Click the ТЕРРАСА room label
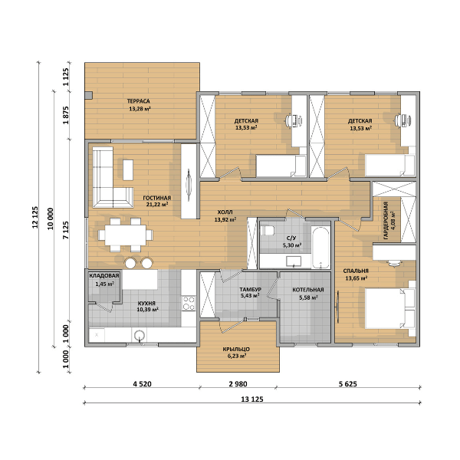click(x=139, y=101)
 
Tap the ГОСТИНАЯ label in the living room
click(x=157, y=198)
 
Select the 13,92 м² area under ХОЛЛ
click(x=225, y=219)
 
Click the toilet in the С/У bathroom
click(x=267, y=230)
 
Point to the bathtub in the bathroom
click(x=320, y=248)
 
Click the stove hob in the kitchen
click(x=189, y=303)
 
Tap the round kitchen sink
click(x=140, y=335)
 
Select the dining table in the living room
click(x=126, y=235)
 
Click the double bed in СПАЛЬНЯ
click(x=390, y=308)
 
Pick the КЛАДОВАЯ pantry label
click(x=104, y=276)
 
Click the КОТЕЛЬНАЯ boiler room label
click(x=308, y=290)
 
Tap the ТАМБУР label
click(x=250, y=290)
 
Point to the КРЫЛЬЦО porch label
click(x=236, y=349)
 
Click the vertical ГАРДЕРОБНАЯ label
click(x=386, y=220)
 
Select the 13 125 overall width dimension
click(x=252, y=399)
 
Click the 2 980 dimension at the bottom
click(x=238, y=384)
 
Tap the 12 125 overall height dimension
click(x=35, y=217)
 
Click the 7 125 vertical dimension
click(x=66, y=230)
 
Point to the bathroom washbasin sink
click(x=294, y=261)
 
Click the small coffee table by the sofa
click(x=128, y=170)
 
